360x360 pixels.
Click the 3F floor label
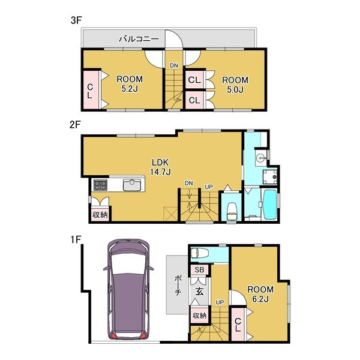click(76, 20)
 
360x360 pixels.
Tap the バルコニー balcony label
click(139, 39)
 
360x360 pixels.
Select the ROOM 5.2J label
click(130, 84)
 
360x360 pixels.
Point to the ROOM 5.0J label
click(235, 85)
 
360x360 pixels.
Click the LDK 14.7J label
click(160, 167)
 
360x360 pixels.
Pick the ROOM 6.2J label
click(260, 294)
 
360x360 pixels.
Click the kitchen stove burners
click(100, 185)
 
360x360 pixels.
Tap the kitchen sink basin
click(132, 185)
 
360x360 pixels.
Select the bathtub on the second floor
click(270, 205)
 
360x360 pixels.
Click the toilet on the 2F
click(232, 212)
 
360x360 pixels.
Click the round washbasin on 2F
click(260, 158)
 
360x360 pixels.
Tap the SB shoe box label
click(199, 270)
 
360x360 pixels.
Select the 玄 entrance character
click(199, 292)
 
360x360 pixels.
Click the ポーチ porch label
click(178, 285)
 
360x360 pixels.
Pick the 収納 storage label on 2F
click(100, 215)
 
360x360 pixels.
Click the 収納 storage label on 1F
click(200, 316)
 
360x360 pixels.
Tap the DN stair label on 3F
click(174, 65)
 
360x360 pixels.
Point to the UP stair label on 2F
click(208, 187)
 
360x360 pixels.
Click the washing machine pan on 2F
click(270, 177)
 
